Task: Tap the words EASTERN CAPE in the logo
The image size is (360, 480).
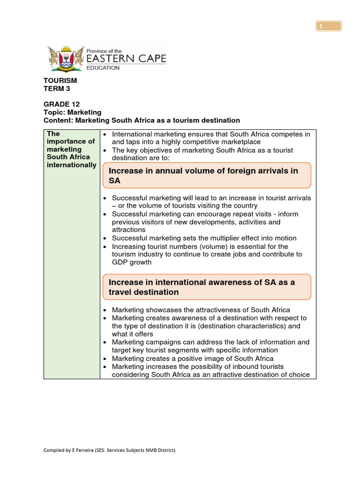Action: [x=126, y=59]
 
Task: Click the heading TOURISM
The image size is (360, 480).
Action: [x=60, y=81]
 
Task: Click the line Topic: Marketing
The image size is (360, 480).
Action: [x=72, y=112]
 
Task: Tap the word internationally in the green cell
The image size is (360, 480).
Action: [x=71, y=165]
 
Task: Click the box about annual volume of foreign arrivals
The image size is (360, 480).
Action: [x=206, y=175]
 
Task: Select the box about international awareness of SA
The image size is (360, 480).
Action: [x=206, y=287]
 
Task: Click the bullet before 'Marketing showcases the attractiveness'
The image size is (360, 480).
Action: [x=105, y=310]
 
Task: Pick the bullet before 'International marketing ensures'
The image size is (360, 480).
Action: [x=105, y=135]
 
